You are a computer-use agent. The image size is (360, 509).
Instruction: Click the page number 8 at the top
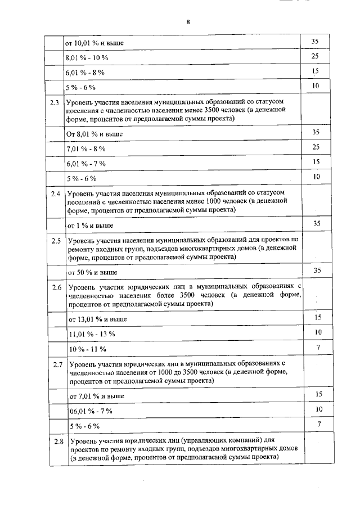[188, 22]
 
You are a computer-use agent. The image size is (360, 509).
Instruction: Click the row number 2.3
[55, 103]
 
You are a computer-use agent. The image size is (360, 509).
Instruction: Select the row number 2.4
[55, 195]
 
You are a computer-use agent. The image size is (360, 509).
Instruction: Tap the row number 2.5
[55, 241]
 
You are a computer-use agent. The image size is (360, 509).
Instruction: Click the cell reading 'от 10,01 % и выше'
[95, 43]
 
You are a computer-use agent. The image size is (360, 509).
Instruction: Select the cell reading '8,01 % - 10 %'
[87, 58]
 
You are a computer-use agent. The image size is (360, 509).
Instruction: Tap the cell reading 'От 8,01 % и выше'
[94, 134]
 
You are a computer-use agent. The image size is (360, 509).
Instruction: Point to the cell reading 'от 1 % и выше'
[91, 226]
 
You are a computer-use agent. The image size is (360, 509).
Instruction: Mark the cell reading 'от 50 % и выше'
[93, 272]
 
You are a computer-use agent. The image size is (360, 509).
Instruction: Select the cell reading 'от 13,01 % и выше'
[97, 319]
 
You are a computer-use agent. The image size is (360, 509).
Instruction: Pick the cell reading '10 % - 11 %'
[87, 349]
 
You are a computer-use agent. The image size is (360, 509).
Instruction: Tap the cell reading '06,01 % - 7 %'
[91, 411]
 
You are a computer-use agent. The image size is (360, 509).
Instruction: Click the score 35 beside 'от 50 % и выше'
[317, 271]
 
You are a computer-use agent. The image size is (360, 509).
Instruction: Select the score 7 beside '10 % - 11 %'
[318, 348]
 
